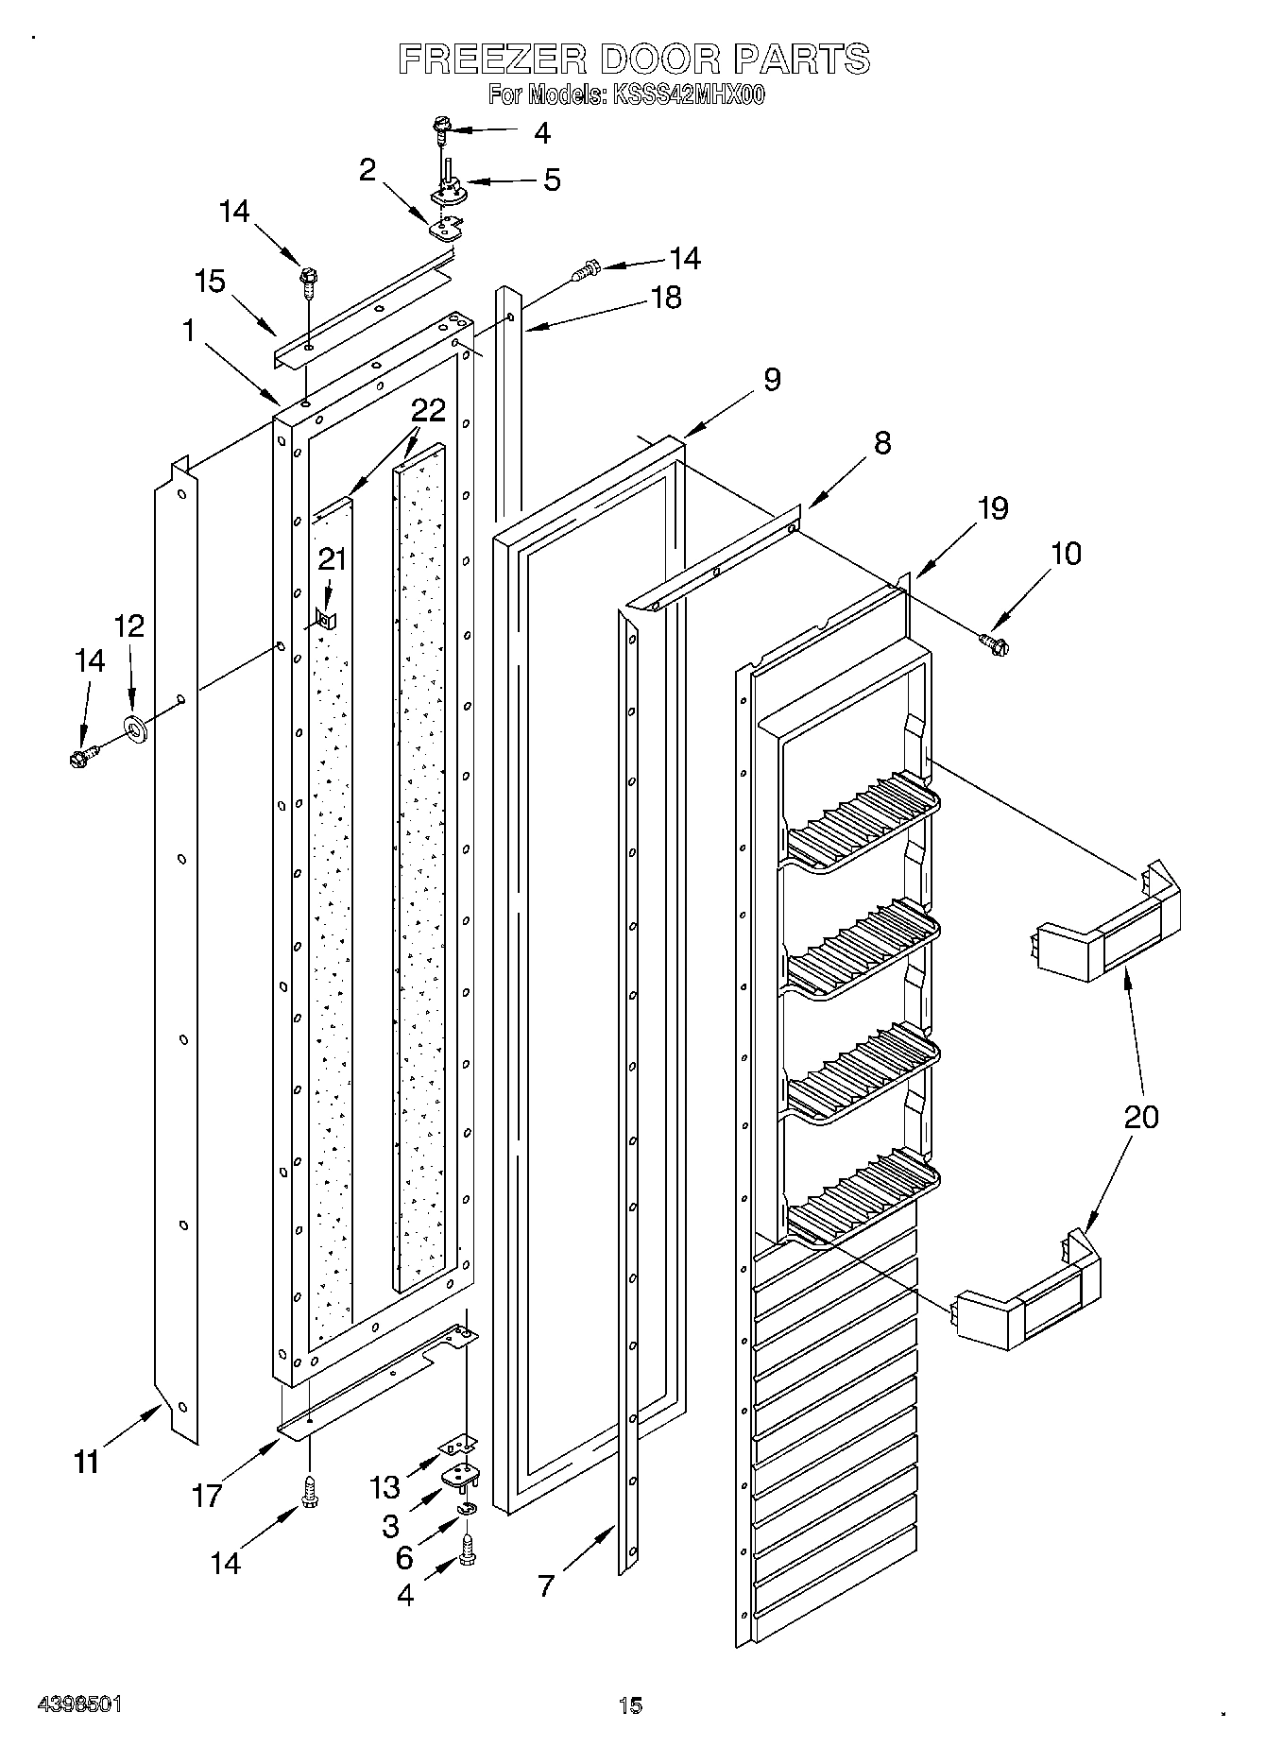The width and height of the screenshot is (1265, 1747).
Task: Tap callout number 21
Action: coord(332,559)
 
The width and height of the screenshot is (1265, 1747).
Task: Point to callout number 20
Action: coord(1141,1117)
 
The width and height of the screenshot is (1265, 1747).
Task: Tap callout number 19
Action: coord(993,508)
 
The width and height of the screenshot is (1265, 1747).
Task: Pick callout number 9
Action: coord(772,379)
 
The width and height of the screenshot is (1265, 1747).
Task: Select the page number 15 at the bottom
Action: coord(630,1704)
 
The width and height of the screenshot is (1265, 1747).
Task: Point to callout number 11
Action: coord(86,1462)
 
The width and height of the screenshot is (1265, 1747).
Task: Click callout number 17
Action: coord(207,1496)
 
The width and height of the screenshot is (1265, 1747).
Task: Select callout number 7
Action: coord(546,1586)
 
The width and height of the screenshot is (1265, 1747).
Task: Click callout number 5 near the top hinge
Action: coord(552,179)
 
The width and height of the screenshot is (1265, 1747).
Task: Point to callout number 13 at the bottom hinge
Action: coord(385,1487)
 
